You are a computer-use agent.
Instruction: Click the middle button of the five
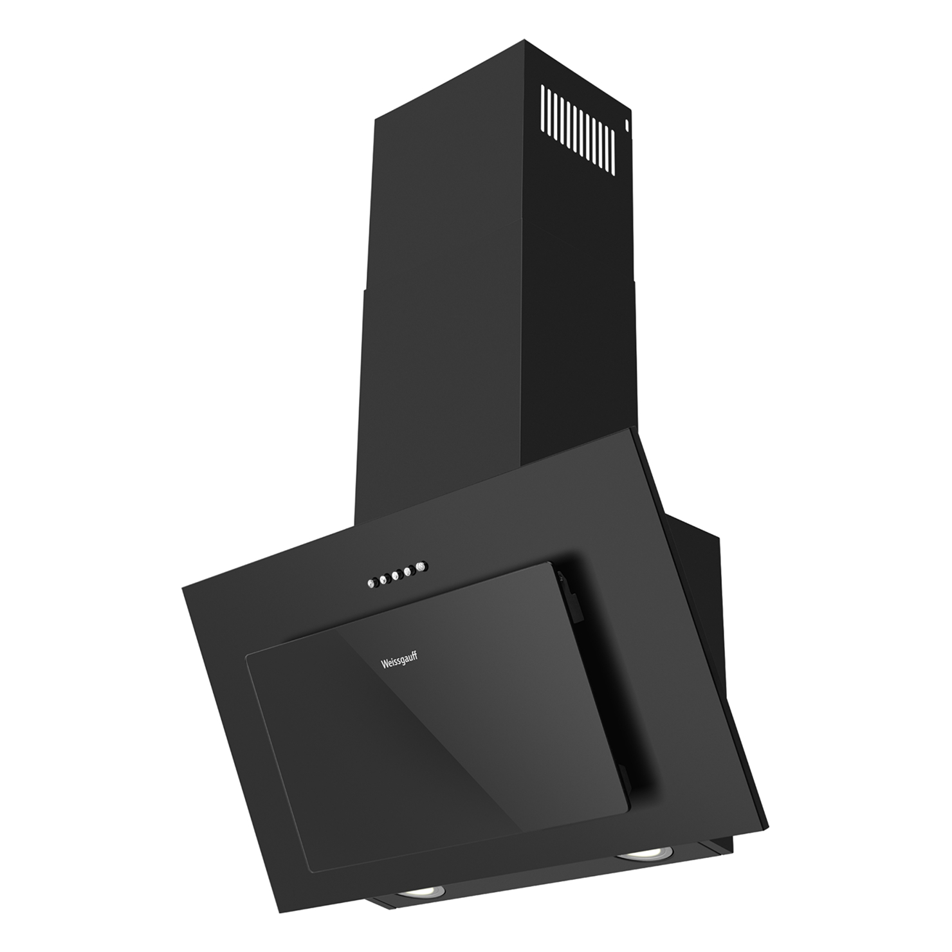396,576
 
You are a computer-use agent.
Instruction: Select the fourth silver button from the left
408,571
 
